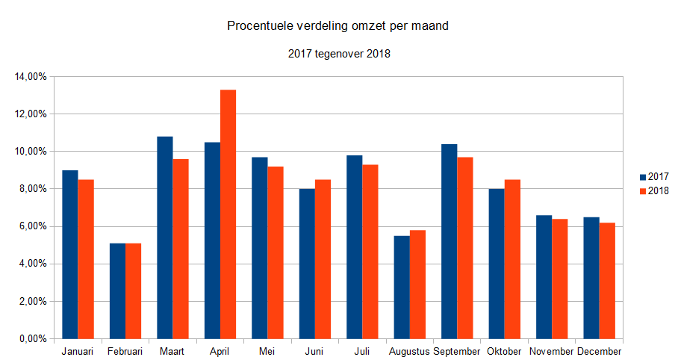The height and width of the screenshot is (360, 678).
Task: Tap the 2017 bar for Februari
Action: click(x=117, y=291)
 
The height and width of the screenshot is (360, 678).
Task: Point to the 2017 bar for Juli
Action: click(x=354, y=246)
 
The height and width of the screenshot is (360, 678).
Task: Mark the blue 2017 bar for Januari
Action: click(x=70, y=254)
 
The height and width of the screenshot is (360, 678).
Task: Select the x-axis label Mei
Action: click(x=267, y=351)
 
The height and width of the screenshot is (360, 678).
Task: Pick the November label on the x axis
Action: click(x=552, y=351)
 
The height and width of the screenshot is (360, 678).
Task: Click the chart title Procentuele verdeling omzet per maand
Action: click(x=338, y=27)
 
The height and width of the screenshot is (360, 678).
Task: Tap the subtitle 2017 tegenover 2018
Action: click(x=338, y=54)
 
